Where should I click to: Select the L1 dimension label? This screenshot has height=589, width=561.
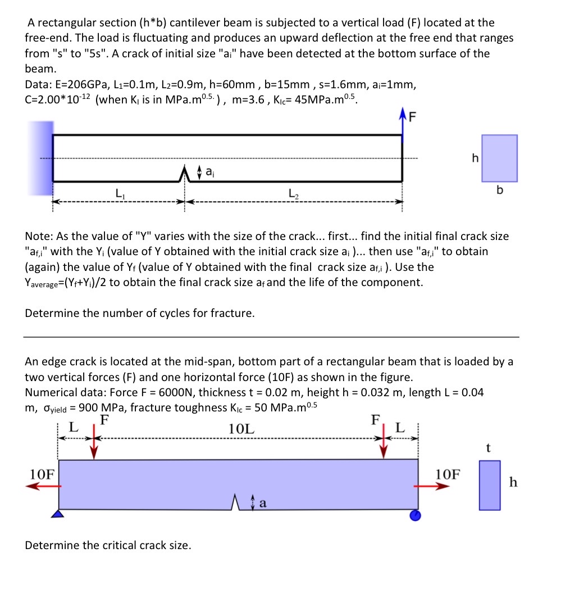(x=120, y=194)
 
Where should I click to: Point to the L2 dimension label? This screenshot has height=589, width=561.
(x=293, y=194)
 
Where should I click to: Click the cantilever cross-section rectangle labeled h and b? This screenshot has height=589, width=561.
(x=499, y=158)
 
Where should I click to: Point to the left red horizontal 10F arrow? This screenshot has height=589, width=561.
(x=43, y=487)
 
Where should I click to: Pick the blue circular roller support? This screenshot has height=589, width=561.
(x=414, y=514)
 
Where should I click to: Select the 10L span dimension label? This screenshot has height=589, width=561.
(x=241, y=428)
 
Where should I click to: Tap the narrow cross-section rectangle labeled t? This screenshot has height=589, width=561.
(x=489, y=485)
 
